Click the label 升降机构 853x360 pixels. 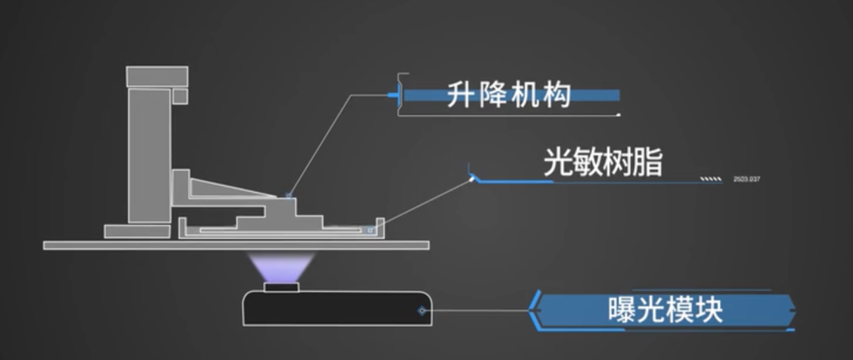[508, 94]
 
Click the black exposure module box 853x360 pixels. [337, 309]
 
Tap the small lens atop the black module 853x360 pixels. [281, 288]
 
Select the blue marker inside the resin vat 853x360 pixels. [369, 229]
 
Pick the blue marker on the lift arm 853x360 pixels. [288, 196]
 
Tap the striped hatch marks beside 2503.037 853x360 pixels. [710, 179]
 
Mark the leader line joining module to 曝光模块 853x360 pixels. [478, 311]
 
